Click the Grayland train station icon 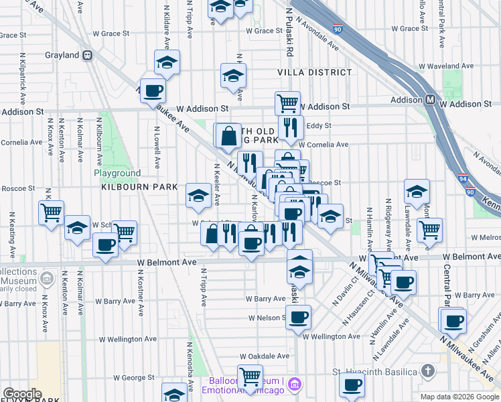pos(87,56)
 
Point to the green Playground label pos(117,173)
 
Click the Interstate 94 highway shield pos(463,178)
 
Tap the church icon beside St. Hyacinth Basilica pos(429,371)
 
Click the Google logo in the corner pos(22,393)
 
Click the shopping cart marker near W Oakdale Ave pos(250,375)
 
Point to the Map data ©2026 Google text pos(459,397)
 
